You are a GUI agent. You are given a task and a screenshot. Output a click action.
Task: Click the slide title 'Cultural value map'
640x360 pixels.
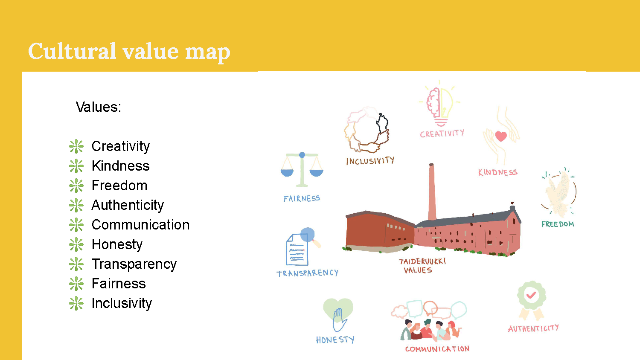point(129,52)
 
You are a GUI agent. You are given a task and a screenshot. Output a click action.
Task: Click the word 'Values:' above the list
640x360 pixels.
point(99,107)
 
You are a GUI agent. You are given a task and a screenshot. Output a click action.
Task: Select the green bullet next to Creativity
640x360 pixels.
point(76,147)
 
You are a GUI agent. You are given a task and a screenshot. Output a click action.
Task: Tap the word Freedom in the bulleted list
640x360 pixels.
point(119,186)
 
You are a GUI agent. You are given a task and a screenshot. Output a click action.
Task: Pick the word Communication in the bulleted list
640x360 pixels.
point(140,224)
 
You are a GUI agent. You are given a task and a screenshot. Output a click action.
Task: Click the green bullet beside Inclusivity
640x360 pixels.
point(76,303)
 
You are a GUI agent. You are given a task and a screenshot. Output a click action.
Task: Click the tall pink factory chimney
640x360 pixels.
point(432,192)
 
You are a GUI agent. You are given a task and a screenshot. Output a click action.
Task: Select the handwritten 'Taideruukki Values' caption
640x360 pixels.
point(422,266)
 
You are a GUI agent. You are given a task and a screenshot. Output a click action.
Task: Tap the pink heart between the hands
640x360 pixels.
point(501,136)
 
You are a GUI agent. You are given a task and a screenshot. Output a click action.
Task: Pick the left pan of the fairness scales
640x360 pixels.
point(287,173)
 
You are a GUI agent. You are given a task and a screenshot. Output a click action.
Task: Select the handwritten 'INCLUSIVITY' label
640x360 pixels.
point(370,160)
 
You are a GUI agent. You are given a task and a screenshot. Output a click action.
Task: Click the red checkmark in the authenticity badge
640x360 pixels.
point(531,295)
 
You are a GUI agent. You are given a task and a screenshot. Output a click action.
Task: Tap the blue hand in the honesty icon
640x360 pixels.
point(339,320)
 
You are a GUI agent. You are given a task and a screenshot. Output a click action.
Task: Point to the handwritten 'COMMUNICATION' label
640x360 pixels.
point(437,349)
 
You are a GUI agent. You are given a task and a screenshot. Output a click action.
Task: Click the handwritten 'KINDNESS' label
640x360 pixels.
point(498,172)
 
